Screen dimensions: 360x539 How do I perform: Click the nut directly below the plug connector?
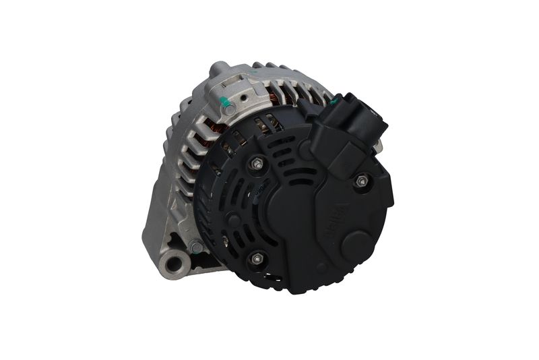[361, 180]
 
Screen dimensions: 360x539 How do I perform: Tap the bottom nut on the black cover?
[255, 258]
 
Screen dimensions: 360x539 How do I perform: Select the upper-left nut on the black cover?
[257, 163]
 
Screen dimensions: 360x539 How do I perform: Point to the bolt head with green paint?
[228, 108]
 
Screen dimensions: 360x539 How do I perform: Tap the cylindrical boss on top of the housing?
[219, 69]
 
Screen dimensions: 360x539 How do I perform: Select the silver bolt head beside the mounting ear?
[195, 247]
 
